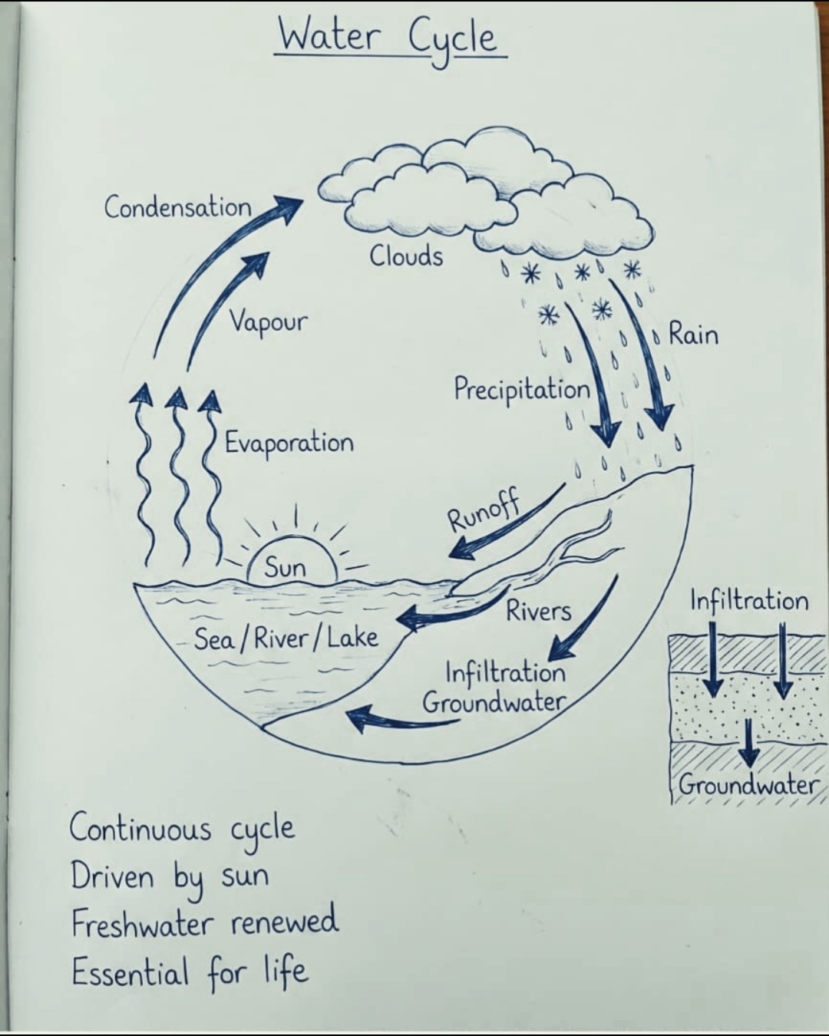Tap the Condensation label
(x=178, y=207)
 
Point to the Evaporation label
(x=289, y=443)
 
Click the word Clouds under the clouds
(x=406, y=256)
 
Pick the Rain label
(x=693, y=334)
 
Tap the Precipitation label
(x=522, y=389)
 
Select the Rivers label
(x=539, y=612)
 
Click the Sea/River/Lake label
(x=286, y=638)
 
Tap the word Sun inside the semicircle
(x=285, y=568)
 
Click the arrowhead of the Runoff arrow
(x=462, y=549)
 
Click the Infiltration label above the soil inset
(x=749, y=601)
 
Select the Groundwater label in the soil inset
(x=748, y=785)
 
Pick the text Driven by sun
(x=170, y=877)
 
